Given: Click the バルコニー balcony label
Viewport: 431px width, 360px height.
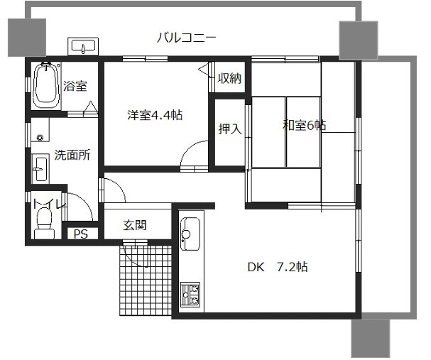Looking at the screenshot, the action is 186,38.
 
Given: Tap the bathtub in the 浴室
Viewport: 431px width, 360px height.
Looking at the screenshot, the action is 46,85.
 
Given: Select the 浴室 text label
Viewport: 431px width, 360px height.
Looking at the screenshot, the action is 75,86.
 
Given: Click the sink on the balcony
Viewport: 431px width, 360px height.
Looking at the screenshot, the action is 83,46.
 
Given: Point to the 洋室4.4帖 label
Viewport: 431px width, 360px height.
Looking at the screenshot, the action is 155,115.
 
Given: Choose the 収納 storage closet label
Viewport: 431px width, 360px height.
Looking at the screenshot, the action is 230,78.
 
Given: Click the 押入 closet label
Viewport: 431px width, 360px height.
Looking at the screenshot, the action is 230,129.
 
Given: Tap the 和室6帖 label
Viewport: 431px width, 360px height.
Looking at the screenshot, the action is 305,125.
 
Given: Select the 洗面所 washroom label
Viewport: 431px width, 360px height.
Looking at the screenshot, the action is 72,155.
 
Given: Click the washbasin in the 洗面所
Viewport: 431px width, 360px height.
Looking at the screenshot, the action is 40,169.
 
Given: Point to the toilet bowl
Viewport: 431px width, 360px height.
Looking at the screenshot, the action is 44,223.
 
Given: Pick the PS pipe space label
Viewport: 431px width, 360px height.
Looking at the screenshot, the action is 81,234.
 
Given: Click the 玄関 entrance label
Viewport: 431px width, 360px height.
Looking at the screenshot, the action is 135,225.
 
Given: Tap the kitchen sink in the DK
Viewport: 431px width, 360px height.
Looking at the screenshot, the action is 190,234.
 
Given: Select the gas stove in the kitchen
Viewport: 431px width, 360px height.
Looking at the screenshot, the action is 190,295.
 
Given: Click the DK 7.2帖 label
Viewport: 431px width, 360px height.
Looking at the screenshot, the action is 278,267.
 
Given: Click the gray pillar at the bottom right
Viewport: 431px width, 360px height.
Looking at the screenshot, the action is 370,338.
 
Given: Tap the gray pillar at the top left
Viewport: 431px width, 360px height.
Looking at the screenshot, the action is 27,38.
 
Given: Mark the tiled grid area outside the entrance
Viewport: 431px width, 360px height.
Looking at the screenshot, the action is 146,280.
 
